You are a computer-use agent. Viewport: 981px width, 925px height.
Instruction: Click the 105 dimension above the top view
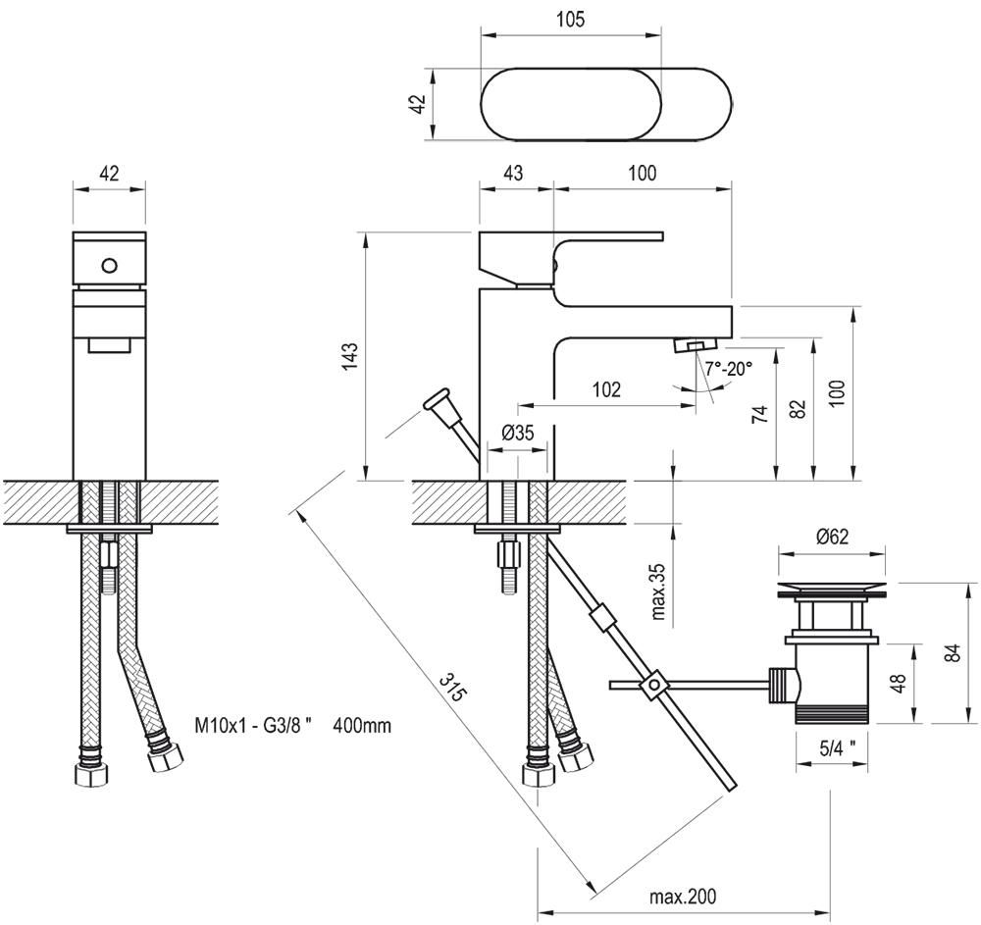569,20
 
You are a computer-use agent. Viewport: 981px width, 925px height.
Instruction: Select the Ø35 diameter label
517,432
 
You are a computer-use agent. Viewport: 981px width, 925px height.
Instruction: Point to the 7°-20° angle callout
728,369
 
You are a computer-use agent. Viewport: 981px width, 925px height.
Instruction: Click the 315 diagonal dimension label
451,686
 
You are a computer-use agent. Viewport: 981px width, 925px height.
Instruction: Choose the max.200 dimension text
683,896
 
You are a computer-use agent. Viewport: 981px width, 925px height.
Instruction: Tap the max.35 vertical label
658,591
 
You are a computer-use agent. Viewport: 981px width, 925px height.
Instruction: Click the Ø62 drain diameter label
832,536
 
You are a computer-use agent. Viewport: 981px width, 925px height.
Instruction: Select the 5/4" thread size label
837,746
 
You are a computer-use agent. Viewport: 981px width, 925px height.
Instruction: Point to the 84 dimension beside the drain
951,653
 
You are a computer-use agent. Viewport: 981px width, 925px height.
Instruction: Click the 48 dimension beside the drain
898,684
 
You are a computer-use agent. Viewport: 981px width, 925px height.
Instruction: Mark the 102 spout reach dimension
606,389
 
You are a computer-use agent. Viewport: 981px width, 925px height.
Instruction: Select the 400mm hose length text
362,727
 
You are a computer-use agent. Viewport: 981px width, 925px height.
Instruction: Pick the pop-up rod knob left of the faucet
436,403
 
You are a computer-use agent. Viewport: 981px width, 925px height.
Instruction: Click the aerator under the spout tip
695,346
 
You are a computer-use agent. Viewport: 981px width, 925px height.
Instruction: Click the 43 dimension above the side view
513,173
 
